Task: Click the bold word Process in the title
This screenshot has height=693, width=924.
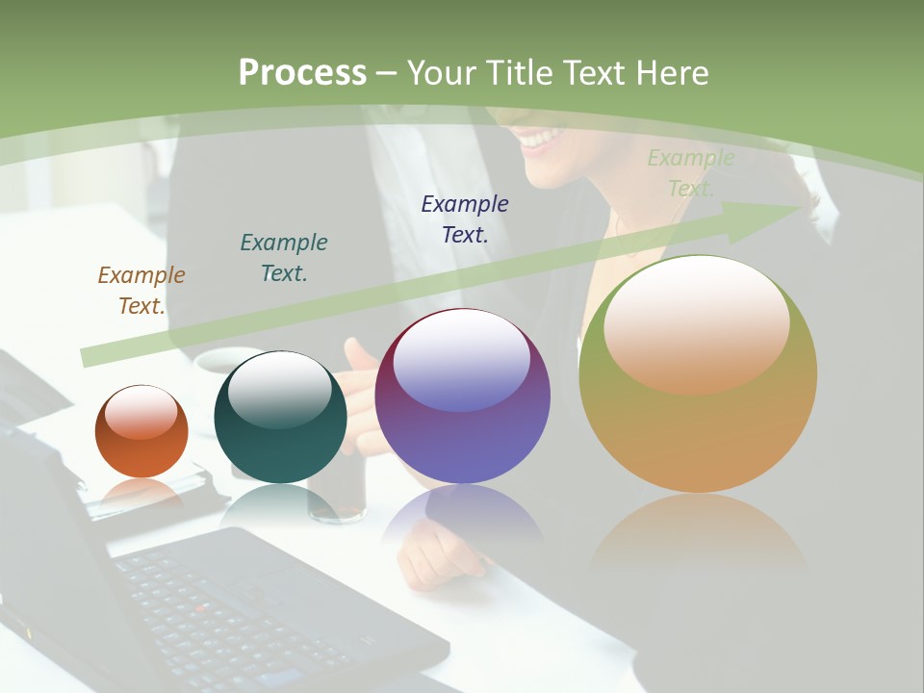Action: [302, 72]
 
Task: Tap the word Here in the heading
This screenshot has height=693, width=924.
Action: [671, 73]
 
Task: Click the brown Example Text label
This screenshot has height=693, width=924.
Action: [141, 291]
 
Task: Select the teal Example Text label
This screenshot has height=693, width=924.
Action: [284, 258]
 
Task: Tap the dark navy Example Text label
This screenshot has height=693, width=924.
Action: [465, 218]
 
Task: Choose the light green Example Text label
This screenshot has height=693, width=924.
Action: [690, 173]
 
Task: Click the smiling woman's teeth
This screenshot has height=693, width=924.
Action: [541, 139]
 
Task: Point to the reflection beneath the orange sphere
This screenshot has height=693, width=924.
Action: [141, 493]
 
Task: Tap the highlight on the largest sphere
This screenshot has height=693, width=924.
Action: [697, 322]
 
